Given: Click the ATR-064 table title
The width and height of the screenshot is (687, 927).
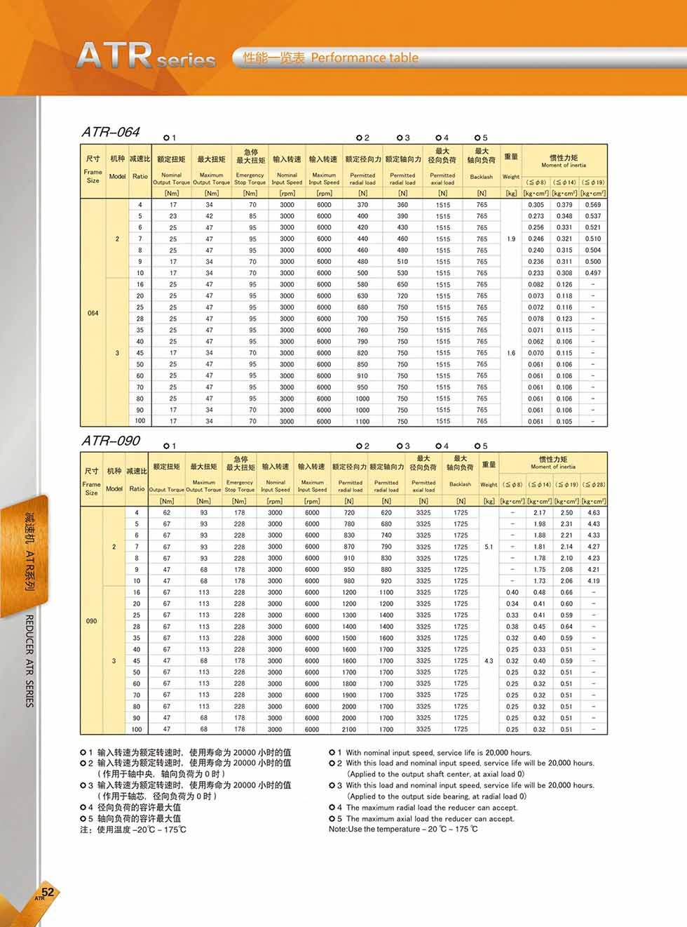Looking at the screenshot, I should click(x=111, y=132).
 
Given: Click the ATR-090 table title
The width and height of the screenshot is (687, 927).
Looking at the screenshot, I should click(x=111, y=441).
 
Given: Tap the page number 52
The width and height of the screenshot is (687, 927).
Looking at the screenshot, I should click(x=48, y=893).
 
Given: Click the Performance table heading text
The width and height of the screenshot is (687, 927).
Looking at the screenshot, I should click(x=364, y=58).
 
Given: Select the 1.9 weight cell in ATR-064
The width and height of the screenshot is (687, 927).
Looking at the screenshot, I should click(x=511, y=239).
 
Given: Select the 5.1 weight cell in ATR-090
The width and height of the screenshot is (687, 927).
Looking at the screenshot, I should click(x=489, y=547).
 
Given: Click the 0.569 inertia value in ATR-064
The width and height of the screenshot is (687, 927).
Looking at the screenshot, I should click(x=593, y=205).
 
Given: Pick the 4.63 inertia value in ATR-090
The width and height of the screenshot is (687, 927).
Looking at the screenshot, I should click(x=593, y=512).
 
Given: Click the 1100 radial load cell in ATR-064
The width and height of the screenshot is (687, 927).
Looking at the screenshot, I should click(x=362, y=421).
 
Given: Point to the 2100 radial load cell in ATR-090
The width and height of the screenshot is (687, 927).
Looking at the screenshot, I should click(x=348, y=729).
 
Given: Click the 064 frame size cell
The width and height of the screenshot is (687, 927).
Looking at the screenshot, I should click(x=93, y=313).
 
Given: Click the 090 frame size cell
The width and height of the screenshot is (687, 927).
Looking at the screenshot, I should click(x=91, y=621).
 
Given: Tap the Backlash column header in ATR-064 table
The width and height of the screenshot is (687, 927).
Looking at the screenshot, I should click(x=482, y=177).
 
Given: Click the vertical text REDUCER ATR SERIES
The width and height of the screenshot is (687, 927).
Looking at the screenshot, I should click(x=29, y=660).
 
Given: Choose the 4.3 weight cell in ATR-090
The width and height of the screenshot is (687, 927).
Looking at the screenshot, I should click(x=489, y=660).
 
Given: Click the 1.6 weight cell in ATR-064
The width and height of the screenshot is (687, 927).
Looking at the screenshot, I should click(x=511, y=353).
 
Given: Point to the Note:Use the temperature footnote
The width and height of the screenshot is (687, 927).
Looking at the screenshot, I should click(x=403, y=829).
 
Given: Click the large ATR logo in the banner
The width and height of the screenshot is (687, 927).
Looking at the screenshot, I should click(x=115, y=55).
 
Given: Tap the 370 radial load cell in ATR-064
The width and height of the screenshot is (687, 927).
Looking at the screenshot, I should click(x=362, y=205).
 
